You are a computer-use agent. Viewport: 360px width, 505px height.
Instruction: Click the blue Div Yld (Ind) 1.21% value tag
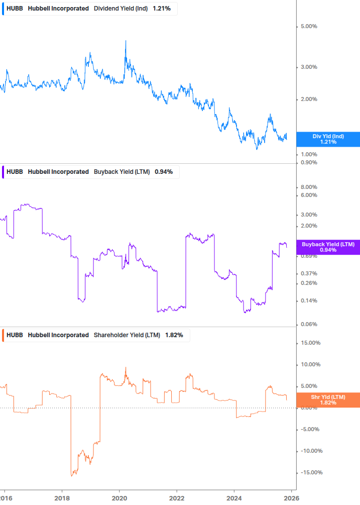click(x=328, y=139)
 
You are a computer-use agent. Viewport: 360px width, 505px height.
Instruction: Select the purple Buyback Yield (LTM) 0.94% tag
click(x=328, y=247)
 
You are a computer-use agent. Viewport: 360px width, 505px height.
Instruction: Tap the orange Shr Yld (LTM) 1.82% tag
click(x=328, y=400)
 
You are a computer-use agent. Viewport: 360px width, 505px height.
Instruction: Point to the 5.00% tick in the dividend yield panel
click(x=309, y=26)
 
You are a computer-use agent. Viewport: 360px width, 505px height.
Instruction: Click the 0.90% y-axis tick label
click(x=309, y=162)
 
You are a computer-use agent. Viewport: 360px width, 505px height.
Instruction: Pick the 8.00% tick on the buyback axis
click(x=309, y=187)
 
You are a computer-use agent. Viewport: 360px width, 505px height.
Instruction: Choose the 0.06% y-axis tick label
click(x=309, y=324)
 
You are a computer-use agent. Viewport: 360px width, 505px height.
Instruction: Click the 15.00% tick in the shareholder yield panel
click(x=310, y=343)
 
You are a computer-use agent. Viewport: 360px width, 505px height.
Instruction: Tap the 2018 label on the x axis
click(x=62, y=497)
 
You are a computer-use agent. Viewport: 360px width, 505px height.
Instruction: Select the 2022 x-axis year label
click(x=177, y=497)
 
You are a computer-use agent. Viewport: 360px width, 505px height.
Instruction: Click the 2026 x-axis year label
click(x=292, y=497)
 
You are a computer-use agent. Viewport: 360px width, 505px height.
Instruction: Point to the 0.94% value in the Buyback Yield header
click(x=164, y=172)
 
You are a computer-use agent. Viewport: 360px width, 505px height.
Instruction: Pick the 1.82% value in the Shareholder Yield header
click(x=174, y=335)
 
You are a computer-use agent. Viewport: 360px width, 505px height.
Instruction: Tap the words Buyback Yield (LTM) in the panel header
click(x=122, y=172)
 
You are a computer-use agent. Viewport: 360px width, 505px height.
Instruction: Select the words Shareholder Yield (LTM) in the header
click(x=128, y=335)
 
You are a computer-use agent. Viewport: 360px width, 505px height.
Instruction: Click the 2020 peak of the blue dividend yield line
click(x=126, y=41)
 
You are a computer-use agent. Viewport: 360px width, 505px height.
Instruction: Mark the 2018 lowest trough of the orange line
click(x=72, y=475)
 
